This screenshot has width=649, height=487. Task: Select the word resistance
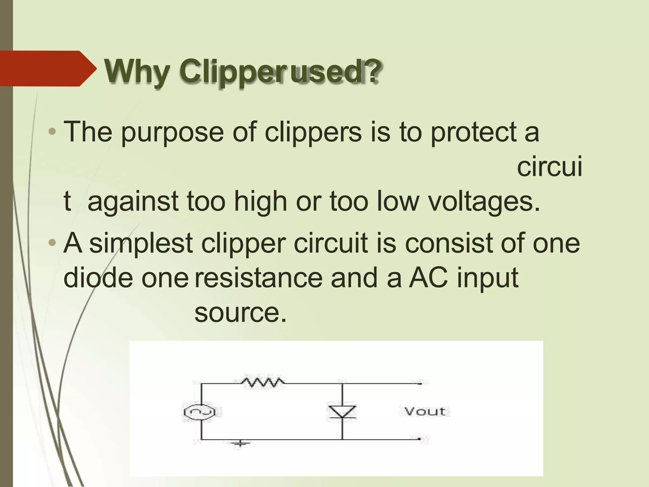(258, 278)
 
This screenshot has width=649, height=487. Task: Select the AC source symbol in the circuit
(200, 412)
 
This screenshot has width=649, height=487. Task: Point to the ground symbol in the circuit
(240, 443)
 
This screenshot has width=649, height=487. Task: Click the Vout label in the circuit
(425, 412)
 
